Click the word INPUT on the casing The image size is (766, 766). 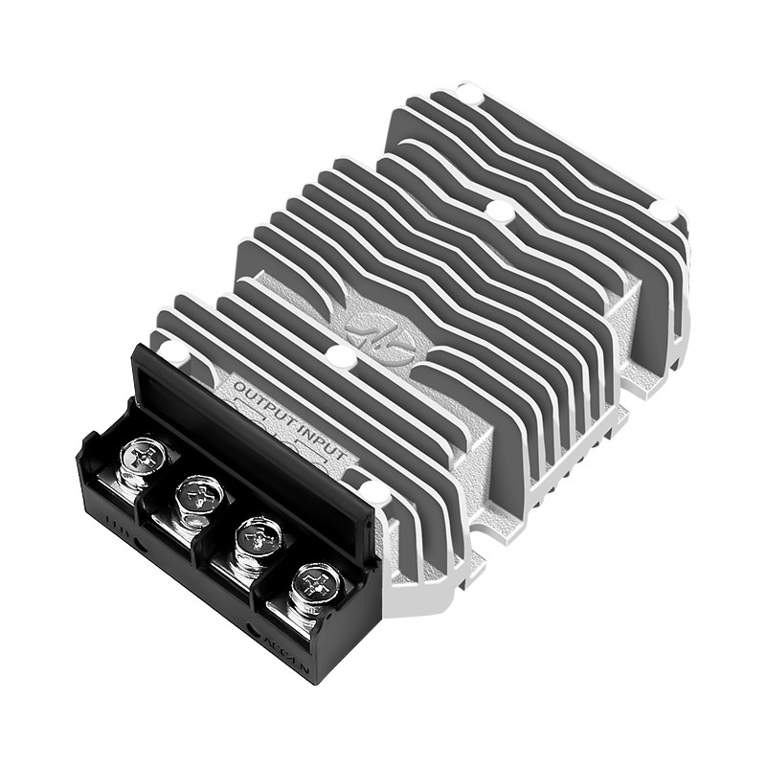(x=321, y=427)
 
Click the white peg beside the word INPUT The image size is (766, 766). (x=374, y=494)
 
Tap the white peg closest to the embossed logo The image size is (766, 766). (x=339, y=357)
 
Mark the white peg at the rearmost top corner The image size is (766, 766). (x=469, y=93)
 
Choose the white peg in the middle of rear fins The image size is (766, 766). (x=499, y=210)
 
